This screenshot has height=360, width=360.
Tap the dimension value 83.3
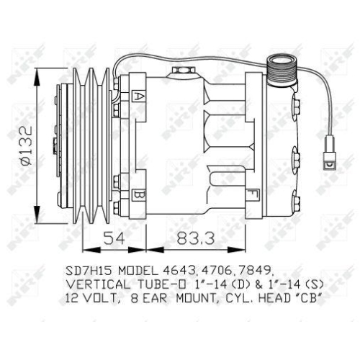192,238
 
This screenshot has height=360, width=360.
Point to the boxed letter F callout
252,194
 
